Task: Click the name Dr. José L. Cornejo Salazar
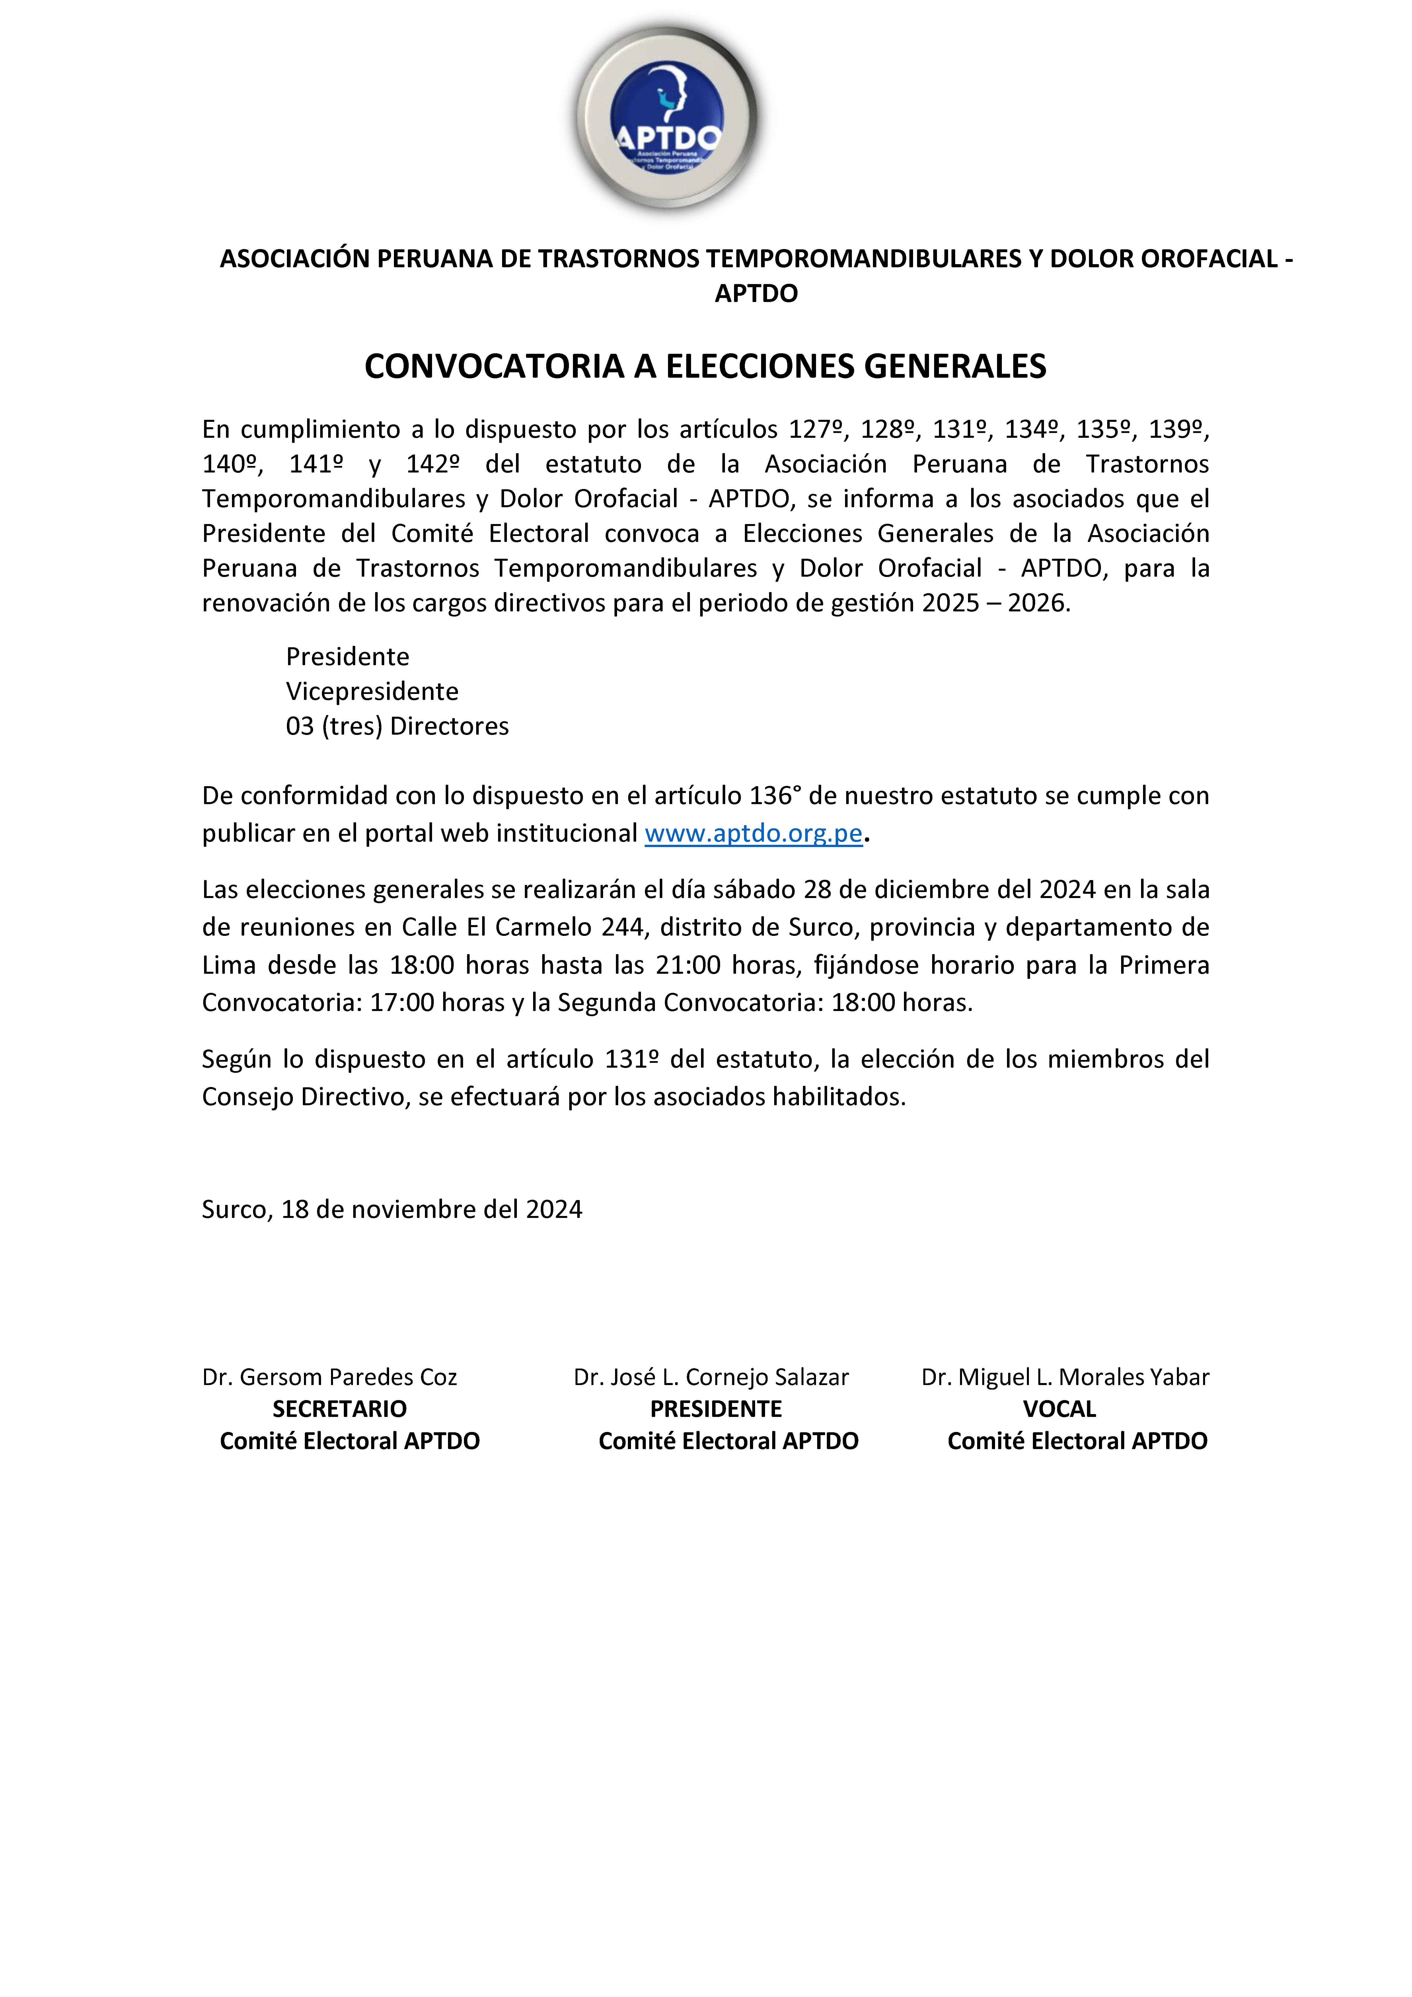pos(711,1377)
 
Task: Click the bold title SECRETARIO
pos(339,1409)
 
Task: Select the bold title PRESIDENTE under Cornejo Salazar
pos(716,1409)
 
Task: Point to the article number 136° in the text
pos(771,796)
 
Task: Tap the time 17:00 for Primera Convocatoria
pos(402,1003)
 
